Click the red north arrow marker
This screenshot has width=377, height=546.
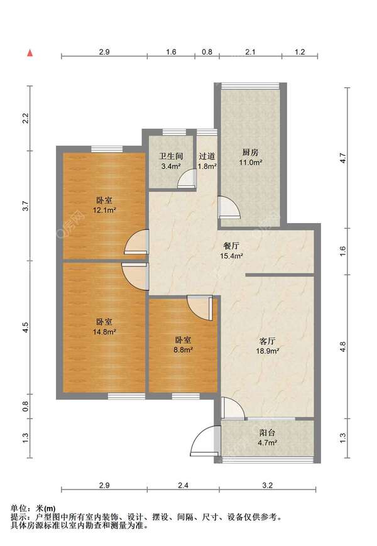(30, 53)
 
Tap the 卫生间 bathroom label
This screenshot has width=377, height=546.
(171, 156)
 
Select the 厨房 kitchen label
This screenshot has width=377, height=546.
(250, 152)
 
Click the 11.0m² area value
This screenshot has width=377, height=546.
(250, 162)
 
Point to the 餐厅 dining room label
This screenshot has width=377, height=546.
(231, 246)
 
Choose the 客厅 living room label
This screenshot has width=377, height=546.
(267, 341)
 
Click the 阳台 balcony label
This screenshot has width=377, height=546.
(267, 433)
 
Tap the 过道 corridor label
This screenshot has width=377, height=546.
(207, 156)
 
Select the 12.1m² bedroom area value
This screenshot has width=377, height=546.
(104, 210)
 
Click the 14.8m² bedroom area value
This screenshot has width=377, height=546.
(104, 332)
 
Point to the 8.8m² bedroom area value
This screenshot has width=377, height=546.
(183, 349)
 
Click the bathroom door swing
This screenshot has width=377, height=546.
(187, 179)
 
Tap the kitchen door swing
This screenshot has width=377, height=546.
(229, 207)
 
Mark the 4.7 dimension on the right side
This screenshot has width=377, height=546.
(343, 158)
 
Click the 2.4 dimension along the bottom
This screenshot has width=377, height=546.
(183, 485)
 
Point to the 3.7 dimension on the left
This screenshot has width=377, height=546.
(25, 206)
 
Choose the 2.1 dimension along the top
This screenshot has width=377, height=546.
(250, 52)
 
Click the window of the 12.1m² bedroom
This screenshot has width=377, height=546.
(107, 149)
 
